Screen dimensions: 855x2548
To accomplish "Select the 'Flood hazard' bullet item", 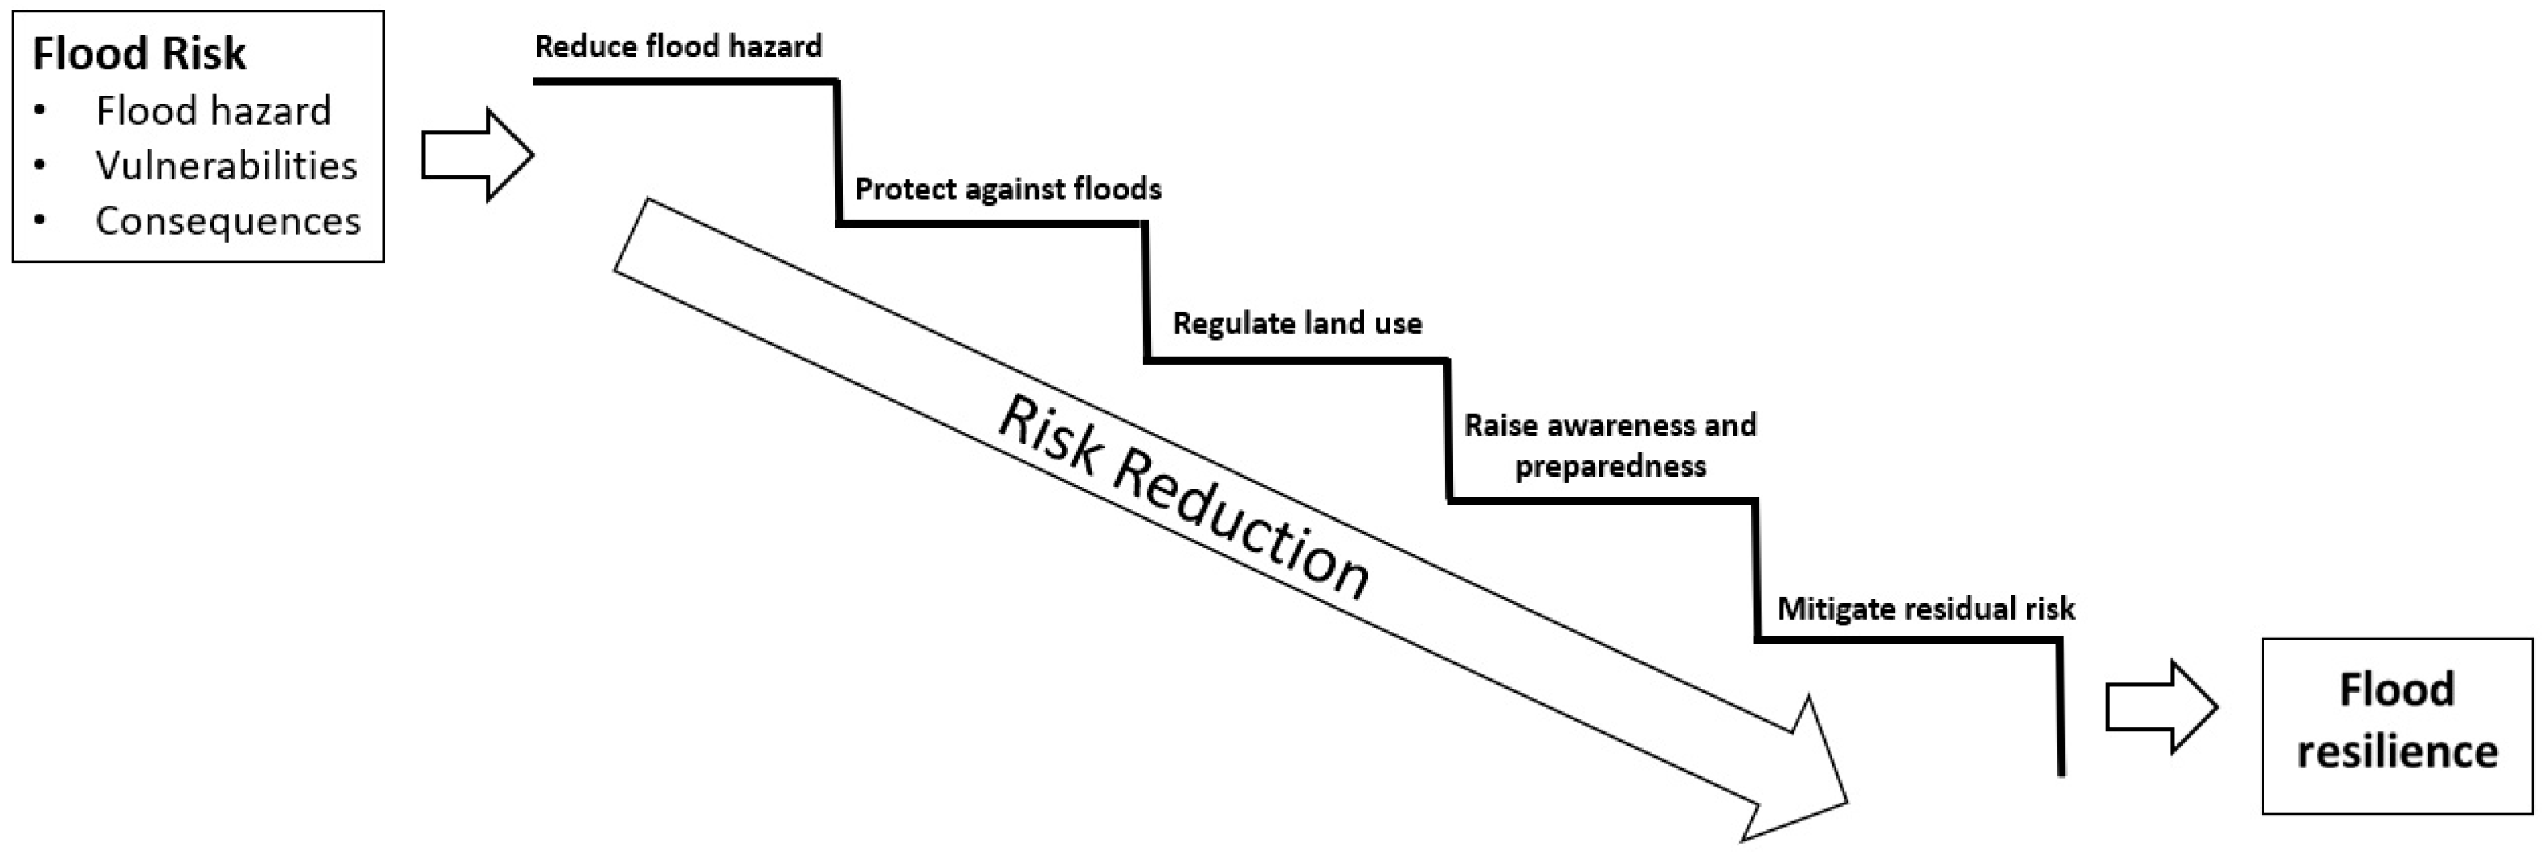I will pyautogui.click(x=213, y=111).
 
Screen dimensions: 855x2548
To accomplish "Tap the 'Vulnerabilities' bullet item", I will pyautogui.click(x=226, y=166).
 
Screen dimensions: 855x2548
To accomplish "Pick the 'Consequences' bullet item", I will pyautogui.click(x=227, y=221).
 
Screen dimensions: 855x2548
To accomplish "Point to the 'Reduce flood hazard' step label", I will pyautogui.click(x=677, y=47).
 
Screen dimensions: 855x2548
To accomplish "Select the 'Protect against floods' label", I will pyautogui.click(x=1007, y=189).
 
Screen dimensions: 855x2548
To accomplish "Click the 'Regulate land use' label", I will pyautogui.click(x=1296, y=324).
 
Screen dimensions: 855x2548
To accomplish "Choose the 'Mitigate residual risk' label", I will pyautogui.click(x=1925, y=607).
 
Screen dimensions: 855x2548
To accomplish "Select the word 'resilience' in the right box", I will pyautogui.click(x=2397, y=751).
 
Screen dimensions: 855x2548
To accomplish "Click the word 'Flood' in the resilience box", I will pyautogui.click(x=2397, y=689).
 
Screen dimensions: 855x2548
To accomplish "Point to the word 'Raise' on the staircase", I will pyautogui.click(x=1501, y=426).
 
